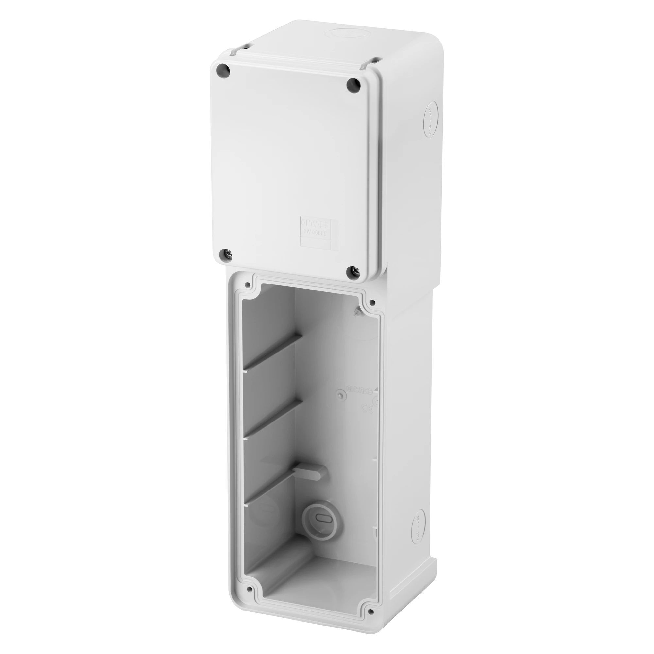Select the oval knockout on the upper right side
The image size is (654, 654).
point(430,118)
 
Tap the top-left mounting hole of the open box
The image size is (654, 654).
point(248,285)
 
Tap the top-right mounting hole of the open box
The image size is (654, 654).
point(372,302)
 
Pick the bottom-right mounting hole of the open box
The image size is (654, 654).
point(372,621)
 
